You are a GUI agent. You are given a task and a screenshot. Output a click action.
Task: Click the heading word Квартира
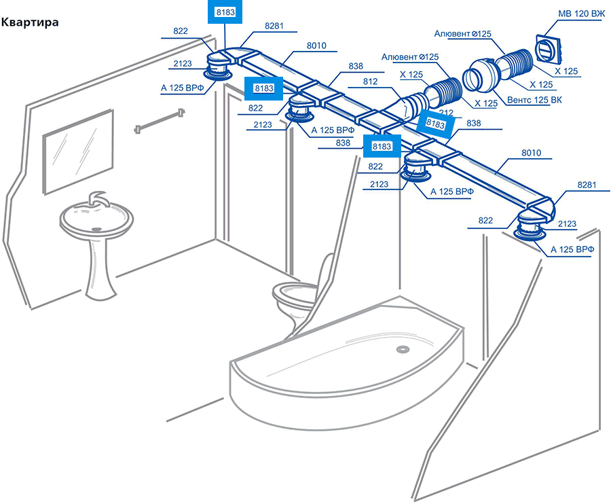tap(30, 22)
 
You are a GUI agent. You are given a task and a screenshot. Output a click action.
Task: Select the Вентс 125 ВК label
tap(534, 100)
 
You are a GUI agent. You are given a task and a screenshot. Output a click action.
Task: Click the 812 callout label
tap(370, 82)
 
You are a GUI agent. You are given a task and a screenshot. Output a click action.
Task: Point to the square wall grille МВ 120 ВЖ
tap(549, 50)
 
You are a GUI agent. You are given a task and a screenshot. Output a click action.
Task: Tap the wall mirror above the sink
tap(78, 151)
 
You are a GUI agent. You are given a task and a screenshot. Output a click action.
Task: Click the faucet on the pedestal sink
tap(97, 198)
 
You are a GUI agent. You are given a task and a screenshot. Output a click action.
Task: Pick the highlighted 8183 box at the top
tap(225, 12)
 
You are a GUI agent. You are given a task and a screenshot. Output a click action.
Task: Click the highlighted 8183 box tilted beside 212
tap(435, 124)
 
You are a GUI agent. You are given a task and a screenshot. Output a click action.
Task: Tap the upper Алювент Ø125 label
tap(462, 34)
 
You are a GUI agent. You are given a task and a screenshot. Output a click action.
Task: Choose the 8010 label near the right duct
tap(531, 153)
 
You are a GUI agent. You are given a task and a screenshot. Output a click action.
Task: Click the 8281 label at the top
tap(274, 26)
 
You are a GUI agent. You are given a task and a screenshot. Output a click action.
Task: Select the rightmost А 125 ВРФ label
tap(572, 249)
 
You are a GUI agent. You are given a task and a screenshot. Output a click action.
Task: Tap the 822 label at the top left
tap(181, 31)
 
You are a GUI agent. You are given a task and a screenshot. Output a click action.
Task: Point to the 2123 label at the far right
tap(567, 223)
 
